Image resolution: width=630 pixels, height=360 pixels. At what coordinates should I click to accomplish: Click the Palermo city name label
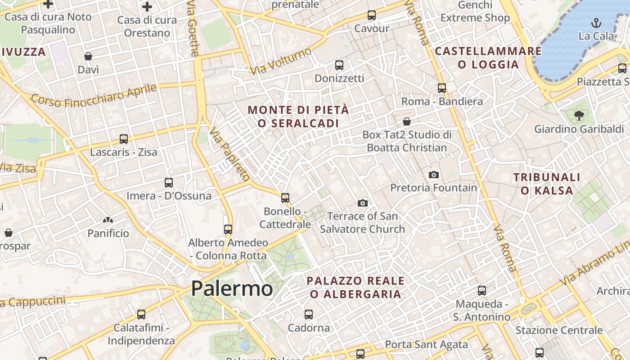click(232, 288)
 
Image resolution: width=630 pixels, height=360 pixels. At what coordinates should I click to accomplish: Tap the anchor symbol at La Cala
click(596, 22)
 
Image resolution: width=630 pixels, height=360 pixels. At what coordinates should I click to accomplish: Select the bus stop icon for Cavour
click(372, 15)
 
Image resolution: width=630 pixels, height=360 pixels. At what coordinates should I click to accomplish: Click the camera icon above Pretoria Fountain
click(434, 175)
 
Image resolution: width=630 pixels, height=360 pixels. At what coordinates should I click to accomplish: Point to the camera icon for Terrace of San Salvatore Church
click(363, 203)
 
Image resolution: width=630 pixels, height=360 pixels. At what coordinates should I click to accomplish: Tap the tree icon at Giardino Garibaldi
click(579, 116)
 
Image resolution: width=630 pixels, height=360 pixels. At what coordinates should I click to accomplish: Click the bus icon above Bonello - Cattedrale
click(285, 198)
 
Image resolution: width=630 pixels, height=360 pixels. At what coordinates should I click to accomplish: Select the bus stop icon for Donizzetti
click(339, 65)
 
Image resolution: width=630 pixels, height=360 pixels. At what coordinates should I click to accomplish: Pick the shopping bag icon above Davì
click(88, 56)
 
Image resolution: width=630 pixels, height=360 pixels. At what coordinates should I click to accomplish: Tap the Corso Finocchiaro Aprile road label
click(94, 96)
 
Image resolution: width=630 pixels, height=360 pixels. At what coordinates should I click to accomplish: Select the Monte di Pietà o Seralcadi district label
click(298, 116)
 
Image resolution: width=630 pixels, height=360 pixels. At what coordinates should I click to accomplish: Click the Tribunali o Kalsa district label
click(547, 184)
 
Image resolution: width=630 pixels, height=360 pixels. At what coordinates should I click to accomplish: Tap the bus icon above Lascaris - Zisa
click(124, 139)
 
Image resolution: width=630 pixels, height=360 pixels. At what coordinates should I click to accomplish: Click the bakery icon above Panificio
click(108, 220)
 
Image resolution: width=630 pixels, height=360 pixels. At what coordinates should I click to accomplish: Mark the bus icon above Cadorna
click(309, 315)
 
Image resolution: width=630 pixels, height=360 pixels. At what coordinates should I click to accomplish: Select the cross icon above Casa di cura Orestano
click(147, 7)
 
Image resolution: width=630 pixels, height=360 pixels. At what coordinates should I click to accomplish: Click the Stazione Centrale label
click(559, 330)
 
